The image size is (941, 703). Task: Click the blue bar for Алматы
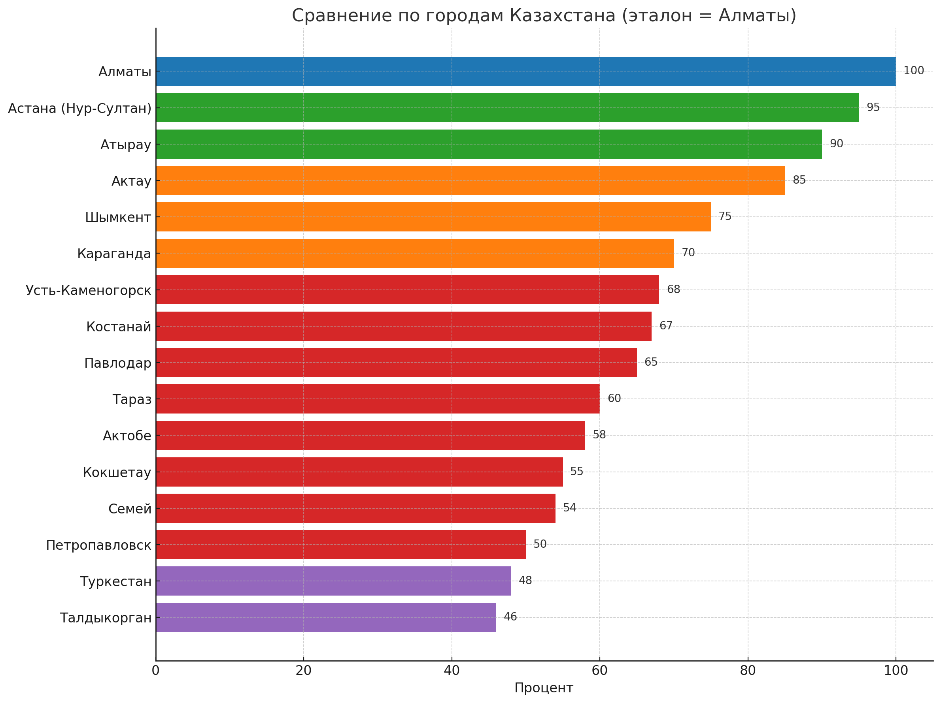(x=525, y=71)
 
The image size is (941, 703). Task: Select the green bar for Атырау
(x=488, y=144)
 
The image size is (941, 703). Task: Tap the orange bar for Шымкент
(x=433, y=217)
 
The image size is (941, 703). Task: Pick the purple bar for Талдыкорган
(x=325, y=617)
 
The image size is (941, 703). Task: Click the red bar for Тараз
(x=377, y=398)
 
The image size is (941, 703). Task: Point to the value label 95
(x=873, y=107)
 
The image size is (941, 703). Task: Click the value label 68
(x=673, y=289)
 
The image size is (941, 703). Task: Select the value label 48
(x=525, y=581)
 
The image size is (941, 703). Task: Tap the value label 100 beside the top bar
(x=913, y=71)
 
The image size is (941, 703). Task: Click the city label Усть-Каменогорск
(x=89, y=290)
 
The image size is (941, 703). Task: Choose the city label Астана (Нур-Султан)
(x=79, y=108)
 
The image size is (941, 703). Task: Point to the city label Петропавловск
(x=98, y=545)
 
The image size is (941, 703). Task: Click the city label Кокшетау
(x=117, y=472)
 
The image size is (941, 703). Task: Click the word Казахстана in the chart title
(x=562, y=16)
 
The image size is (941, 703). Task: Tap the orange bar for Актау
(x=470, y=180)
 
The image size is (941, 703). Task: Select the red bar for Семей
(x=355, y=508)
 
